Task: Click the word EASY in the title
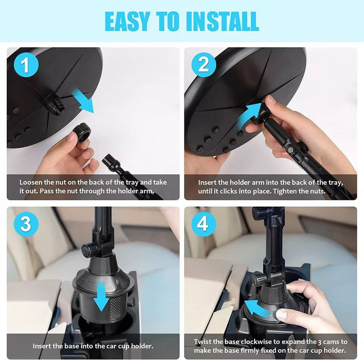click(127, 21)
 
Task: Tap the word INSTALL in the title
click(222, 21)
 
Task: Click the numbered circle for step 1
click(26, 65)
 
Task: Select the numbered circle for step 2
click(203, 65)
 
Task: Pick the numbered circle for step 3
click(26, 224)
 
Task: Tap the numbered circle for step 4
click(203, 224)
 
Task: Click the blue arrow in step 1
click(84, 101)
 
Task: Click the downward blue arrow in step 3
click(101, 298)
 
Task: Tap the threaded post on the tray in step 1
click(53, 103)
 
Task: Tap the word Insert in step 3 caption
click(42, 346)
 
